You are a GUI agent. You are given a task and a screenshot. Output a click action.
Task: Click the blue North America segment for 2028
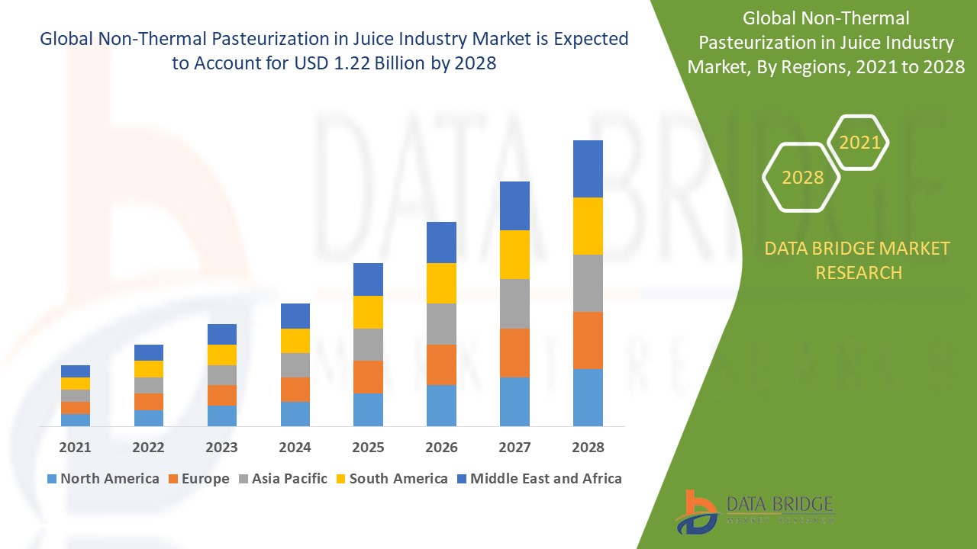point(588,397)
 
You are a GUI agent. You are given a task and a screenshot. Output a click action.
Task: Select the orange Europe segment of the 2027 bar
point(514,352)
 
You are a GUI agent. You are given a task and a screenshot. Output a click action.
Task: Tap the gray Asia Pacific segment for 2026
point(441,324)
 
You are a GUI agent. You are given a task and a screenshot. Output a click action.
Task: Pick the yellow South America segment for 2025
point(368,312)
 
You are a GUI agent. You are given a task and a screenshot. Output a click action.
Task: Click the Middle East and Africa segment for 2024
point(295,316)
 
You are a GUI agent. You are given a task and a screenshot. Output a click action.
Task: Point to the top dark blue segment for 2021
point(76,371)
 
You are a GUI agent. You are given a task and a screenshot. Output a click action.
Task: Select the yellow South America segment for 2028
point(588,226)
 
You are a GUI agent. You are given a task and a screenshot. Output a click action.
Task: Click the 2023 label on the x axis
point(222,448)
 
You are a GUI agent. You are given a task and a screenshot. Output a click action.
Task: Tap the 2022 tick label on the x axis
point(149,448)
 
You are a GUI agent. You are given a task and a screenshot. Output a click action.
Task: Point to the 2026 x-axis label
point(441,448)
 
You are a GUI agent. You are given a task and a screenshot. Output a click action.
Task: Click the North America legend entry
point(102,479)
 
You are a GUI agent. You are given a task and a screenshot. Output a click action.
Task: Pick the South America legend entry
point(390,479)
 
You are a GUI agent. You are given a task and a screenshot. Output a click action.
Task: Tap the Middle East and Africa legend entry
point(538,479)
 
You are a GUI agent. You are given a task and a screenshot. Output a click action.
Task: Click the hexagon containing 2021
point(859,143)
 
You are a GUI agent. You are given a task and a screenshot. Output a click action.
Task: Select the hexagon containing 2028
point(801,177)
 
